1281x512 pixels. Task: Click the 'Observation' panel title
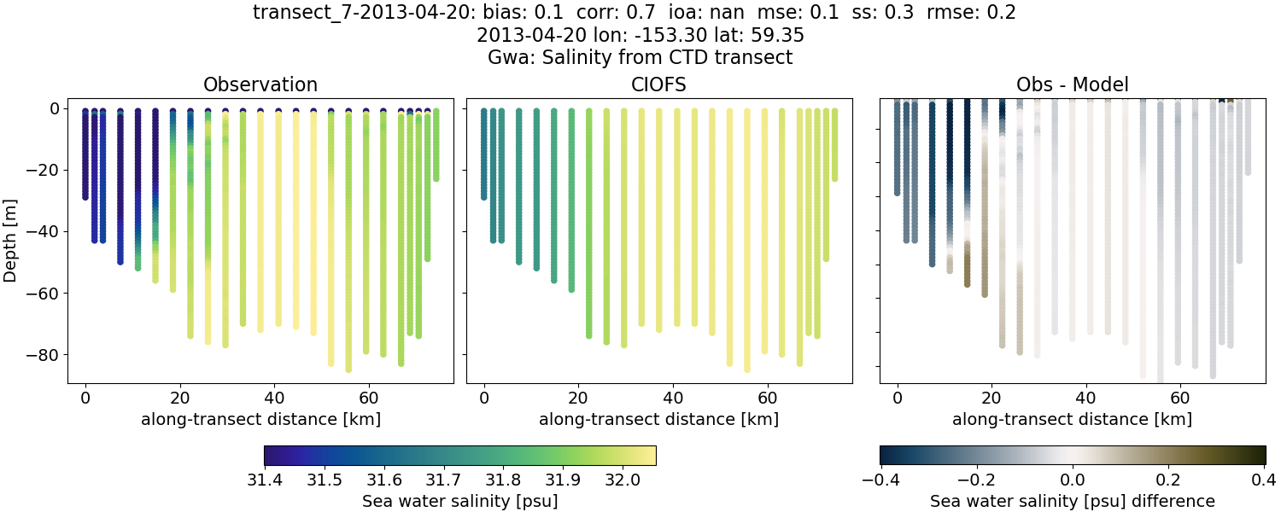pyautogui.click(x=260, y=84)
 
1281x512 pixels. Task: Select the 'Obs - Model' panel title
pyautogui.click(x=1072, y=84)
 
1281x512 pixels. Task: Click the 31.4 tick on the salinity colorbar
pyautogui.click(x=265, y=477)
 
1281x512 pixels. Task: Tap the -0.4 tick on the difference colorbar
pyautogui.click(x=880, y=477)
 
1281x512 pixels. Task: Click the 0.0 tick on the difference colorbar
pyautogui.click(x=1072, y=477)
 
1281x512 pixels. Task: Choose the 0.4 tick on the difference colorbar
pyautogui.click(x=1264, y=477)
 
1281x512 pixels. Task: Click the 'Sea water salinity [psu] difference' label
pyautogui.click(x=1072, y=501)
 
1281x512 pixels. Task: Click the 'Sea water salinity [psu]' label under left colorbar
pyautogui.click(x=459, y=501)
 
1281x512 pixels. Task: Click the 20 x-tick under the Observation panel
pyautogui.click(x=179, y=398)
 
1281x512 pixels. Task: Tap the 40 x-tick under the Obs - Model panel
pyautogui.click(x=1086, y=398)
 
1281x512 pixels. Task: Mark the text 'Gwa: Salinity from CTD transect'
pyautogui.click(x=640, y=58)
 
